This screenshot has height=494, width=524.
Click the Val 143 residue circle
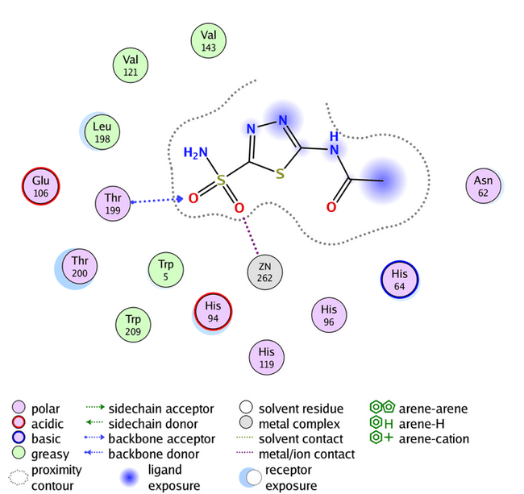point(209,41)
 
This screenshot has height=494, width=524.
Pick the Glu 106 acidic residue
point(40,187)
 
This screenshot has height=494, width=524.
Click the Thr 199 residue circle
point(111,205)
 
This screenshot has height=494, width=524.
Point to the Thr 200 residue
point(79,267)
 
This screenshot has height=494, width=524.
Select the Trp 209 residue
point(132,322)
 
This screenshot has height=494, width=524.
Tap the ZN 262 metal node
point(265,272)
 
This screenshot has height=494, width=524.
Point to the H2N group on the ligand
point(196,153)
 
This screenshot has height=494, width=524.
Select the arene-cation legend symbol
point(378,438)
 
